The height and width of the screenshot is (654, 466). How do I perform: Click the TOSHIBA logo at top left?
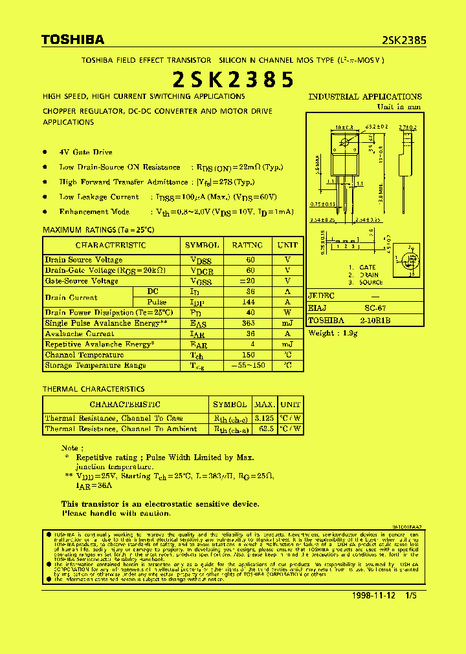pos(72,40)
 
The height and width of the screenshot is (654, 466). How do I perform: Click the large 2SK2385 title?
pos(233,79)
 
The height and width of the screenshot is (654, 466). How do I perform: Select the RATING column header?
pos(247,246)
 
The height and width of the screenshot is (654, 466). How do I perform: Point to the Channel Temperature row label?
pos(84,355)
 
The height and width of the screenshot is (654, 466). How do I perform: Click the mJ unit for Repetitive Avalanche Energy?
pos(287,344)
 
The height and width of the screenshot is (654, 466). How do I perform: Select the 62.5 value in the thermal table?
pos(266,429)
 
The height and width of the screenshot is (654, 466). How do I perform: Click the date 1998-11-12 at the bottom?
pos(374,595)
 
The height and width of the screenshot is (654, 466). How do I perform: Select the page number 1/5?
pos(411,595)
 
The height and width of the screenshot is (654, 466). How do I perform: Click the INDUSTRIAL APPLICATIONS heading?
pos(365,97)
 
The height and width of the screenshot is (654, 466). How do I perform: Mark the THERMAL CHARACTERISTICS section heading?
pos(93,389)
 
